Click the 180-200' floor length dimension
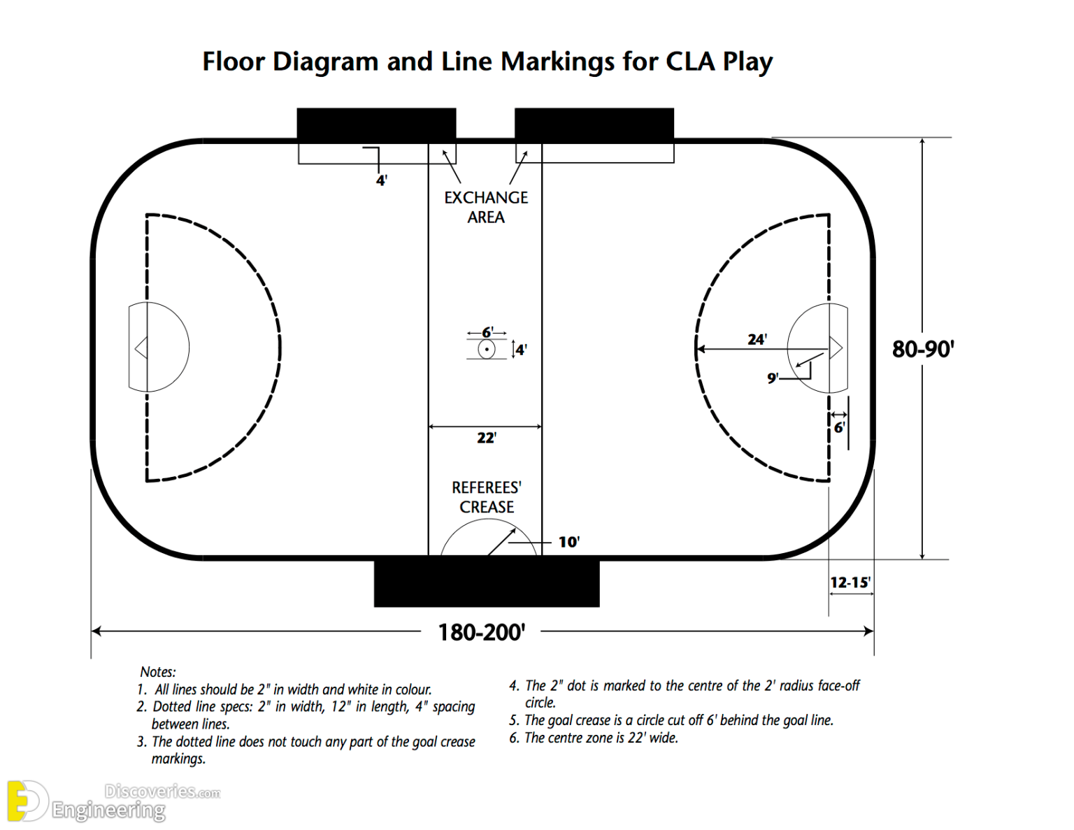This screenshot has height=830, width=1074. click(481, 632)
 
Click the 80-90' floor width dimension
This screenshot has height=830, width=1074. click(923, 348)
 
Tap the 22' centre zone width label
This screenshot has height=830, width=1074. click(486, 438)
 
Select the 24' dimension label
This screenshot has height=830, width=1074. click(757, 339)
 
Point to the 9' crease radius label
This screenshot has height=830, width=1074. click(772, 378)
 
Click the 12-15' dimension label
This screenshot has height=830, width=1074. click(850, 582)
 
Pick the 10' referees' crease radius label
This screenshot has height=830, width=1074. click(568, 542)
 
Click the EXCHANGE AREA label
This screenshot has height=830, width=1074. click(486, 207)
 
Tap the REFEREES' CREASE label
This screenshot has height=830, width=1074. click(486, 497)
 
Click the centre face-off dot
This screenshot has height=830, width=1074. click(487, 349)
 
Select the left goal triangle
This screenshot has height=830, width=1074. click(141, 348)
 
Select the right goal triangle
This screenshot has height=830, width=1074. click(836, 348)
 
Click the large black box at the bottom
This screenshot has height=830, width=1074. click(487, 582)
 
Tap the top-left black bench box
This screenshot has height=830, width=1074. click(376, 124)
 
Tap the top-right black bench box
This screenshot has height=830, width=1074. click(594, 124)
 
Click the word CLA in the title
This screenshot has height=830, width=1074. click(690, 62)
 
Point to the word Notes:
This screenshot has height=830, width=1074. click(158, 672)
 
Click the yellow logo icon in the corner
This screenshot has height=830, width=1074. click(27, 801)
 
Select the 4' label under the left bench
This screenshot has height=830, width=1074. click(382, 180)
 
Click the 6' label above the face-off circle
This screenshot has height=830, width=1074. click(487, 332)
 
